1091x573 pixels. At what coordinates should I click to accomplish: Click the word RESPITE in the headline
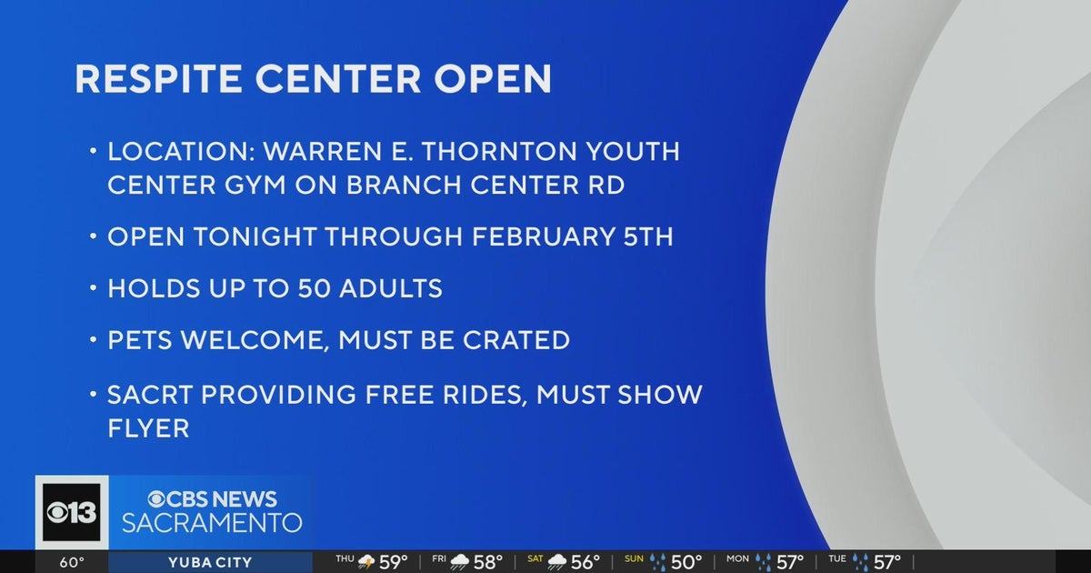157,79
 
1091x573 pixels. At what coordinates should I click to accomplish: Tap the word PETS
141,341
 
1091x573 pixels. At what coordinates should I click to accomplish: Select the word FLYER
148,427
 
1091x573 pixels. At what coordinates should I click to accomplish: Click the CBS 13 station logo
72,512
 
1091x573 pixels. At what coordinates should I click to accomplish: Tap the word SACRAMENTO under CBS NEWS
212,524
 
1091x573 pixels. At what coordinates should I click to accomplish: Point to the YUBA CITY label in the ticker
209,562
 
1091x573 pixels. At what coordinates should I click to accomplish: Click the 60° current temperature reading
72,562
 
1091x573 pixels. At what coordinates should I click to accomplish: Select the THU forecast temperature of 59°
393,562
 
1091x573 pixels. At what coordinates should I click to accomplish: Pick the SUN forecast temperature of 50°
687,562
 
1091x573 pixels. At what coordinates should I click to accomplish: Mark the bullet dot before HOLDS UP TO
93,289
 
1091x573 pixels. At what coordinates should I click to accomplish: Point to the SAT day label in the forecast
535,558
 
